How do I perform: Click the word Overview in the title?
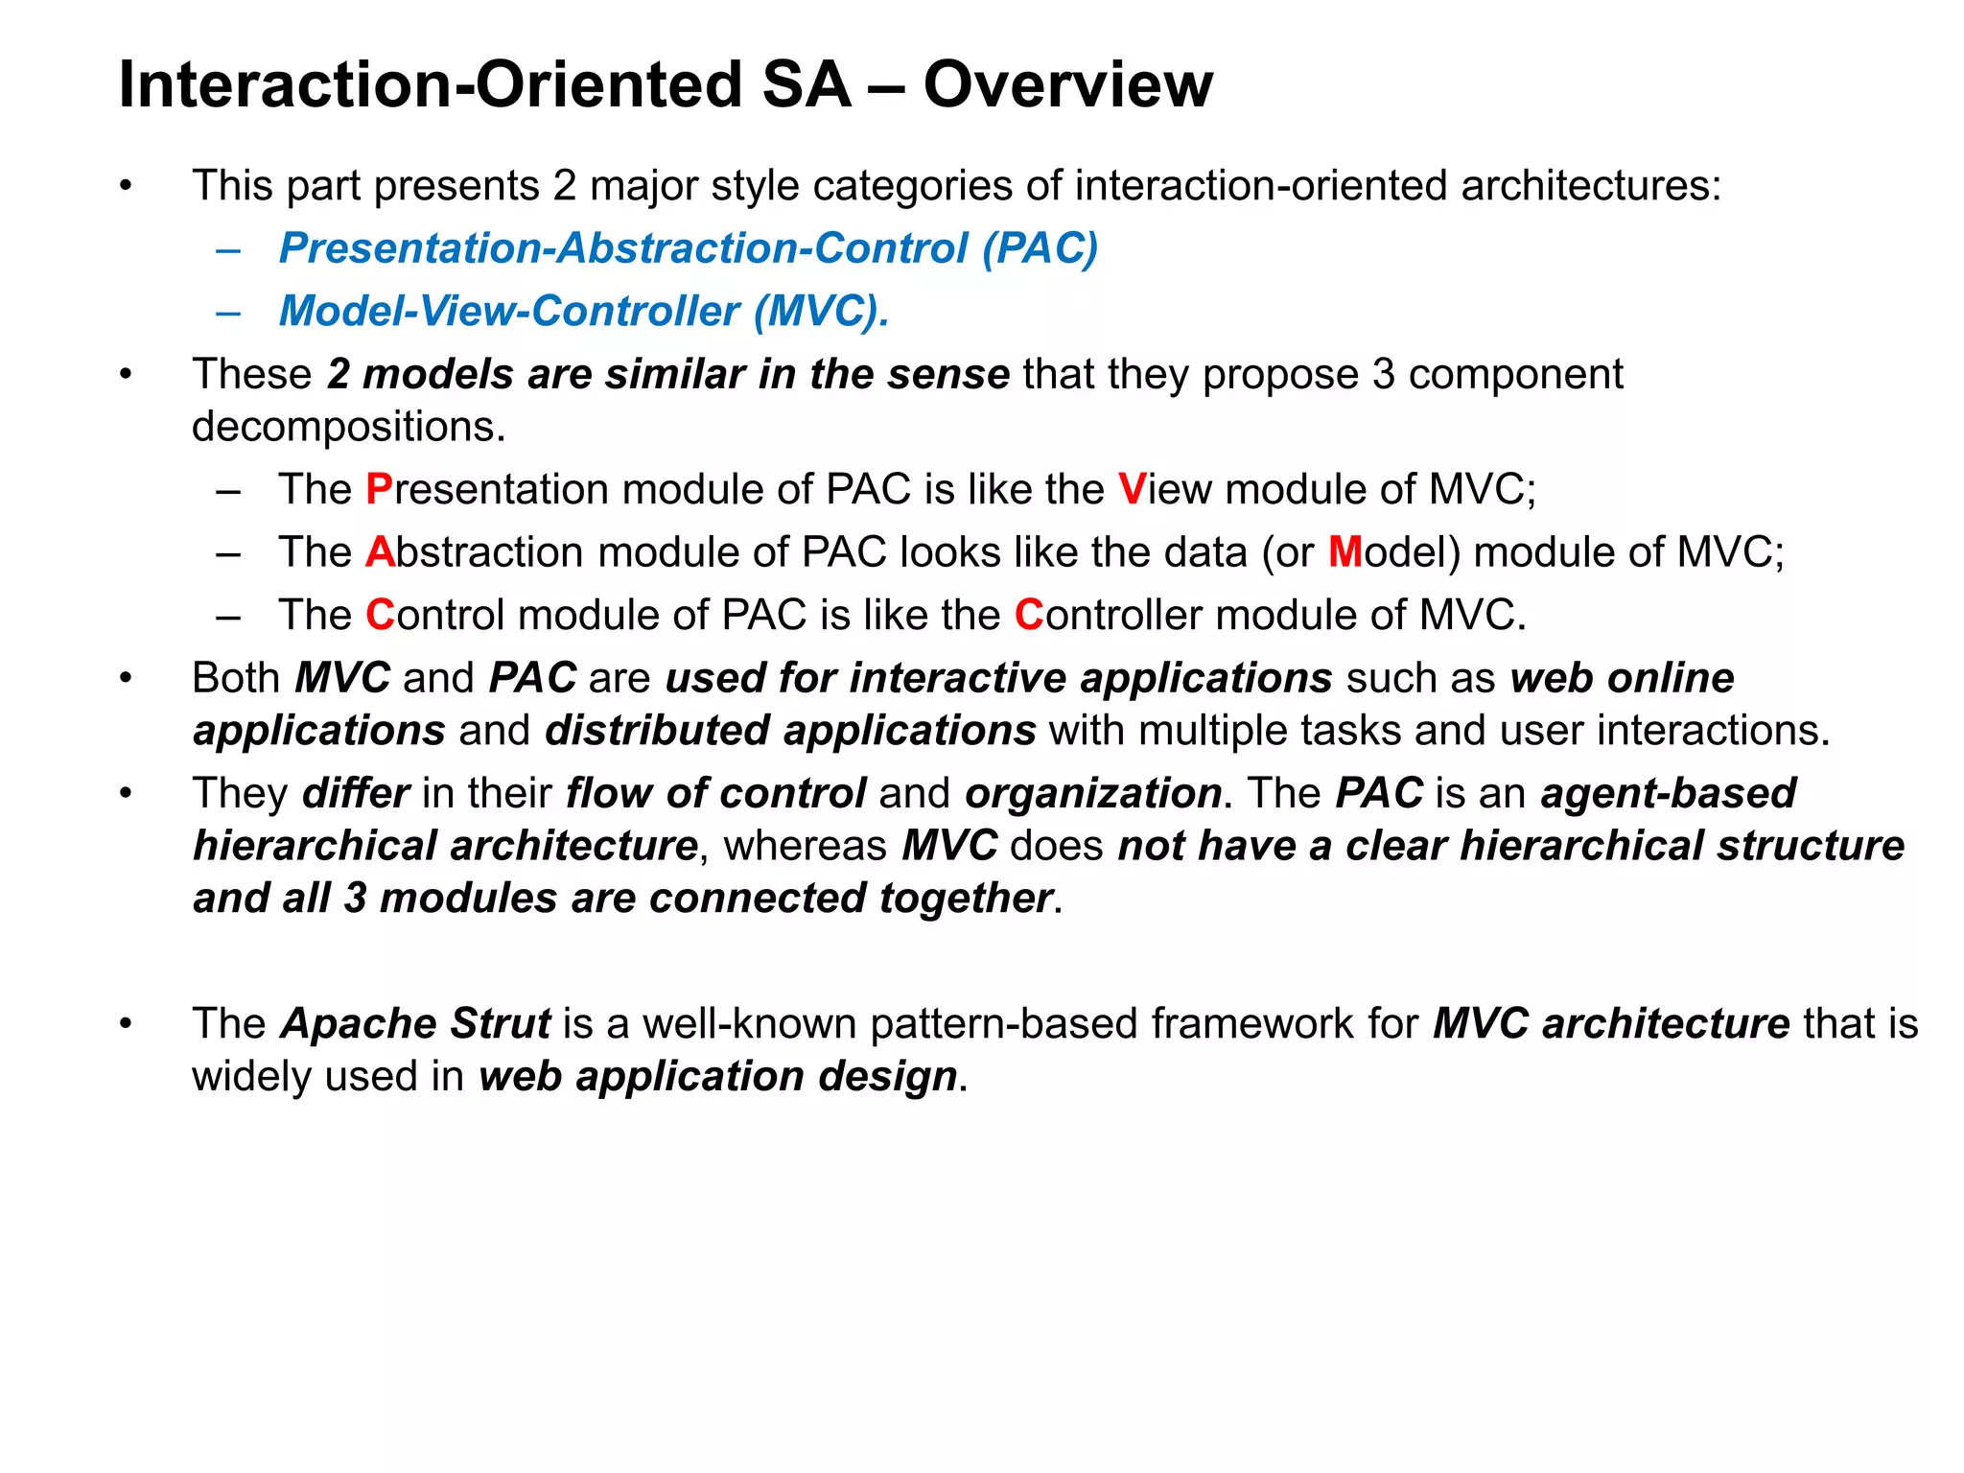pyautogui.click(x=1067, y=84)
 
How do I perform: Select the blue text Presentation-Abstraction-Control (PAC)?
pyautogui.click(x=688, y=248)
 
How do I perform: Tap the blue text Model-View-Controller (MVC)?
pyautogui.click(x=583, y=311)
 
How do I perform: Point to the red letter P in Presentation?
pyautogui.click(x=379, y=489)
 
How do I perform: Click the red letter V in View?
pyautogui.click(x=1132, y=489)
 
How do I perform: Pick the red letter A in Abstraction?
pyautogui.click(x=379, y=552)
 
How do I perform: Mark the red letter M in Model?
pyautogui.click(x=1344, y=552)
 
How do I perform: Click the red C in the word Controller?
pyautogui.click(x=1028, y=615)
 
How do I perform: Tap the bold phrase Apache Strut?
pyautogui.click(x=415, y=1023)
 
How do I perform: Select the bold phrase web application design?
pyautogui.click(x=718, y=1076)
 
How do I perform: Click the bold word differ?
pyautogui.click(x=356, y=793)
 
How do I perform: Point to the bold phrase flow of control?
pyautogui.click(x=715, y=793)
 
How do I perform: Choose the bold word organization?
pyautogui.click(x=1093, y=793)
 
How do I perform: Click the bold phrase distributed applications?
pyautogui.click(x=790, y=731)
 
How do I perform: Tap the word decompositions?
pyautogui.click(x=347, y=427)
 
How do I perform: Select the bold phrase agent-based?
pyautogui.click(x=1668, y=793)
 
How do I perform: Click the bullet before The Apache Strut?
pyautogui.click(x=126, y=1024)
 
